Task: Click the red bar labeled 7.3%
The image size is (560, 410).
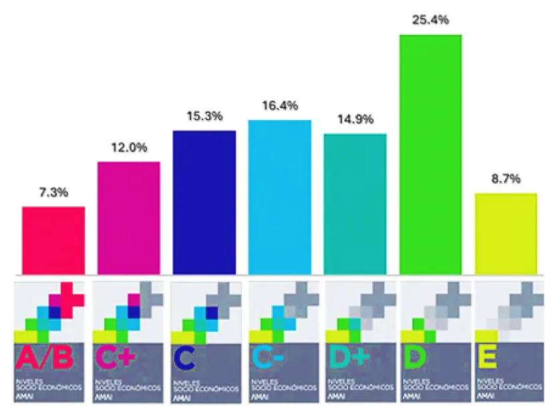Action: pos(53,240)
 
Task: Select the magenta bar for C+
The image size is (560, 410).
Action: pos(129,217)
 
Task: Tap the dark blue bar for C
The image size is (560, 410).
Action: pos(204,202)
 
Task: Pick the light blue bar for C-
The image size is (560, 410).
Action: pos(279,196)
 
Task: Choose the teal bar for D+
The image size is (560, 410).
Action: pos(355,203)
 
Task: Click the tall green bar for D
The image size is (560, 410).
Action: pos(430,154)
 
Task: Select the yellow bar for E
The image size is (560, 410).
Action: pos(505,233)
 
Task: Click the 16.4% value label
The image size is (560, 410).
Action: pos(279,106)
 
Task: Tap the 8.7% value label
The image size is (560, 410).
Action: pos(506,180)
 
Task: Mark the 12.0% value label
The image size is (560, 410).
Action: pos(129,148)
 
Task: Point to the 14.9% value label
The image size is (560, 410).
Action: pos(355,120)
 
